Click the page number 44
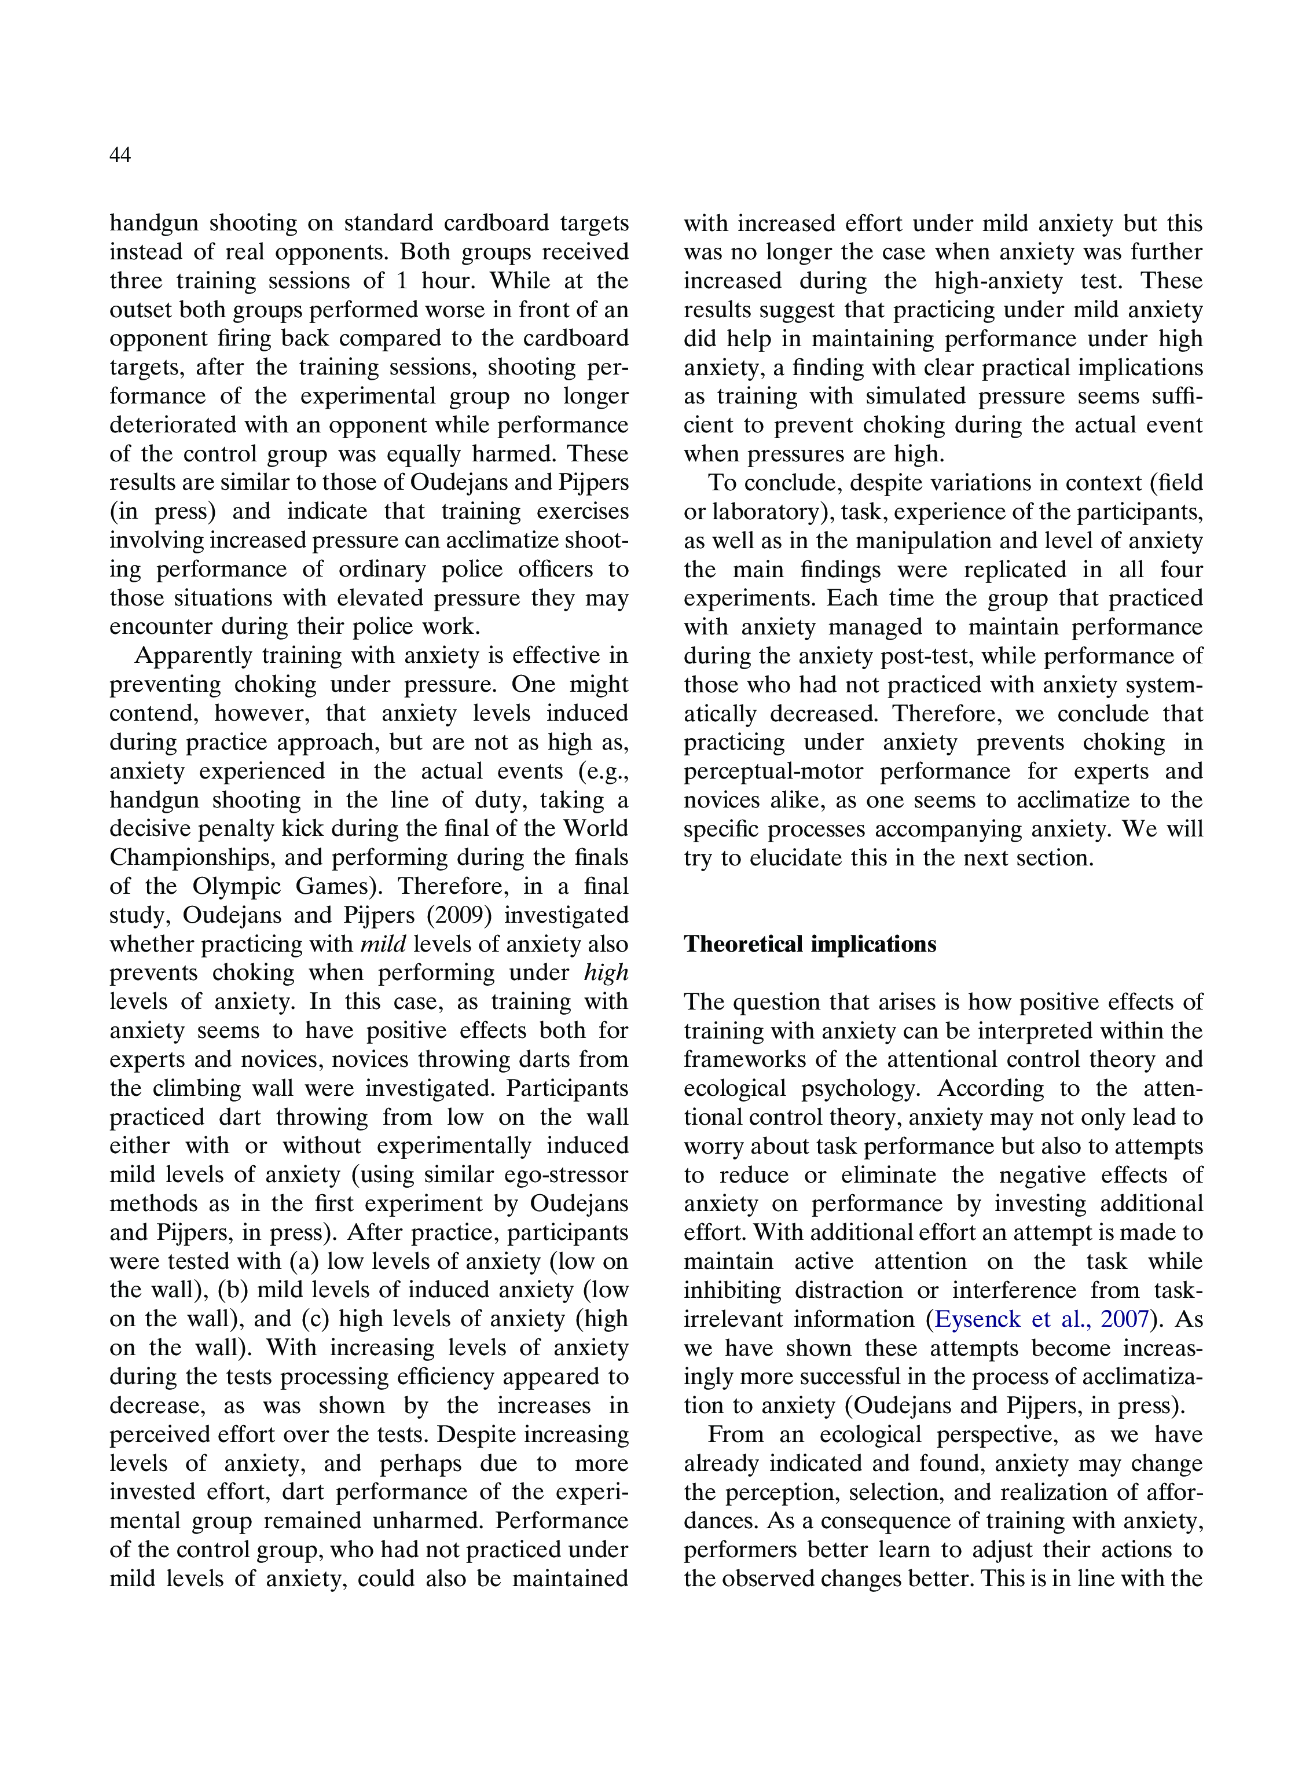120,155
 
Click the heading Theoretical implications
810,944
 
